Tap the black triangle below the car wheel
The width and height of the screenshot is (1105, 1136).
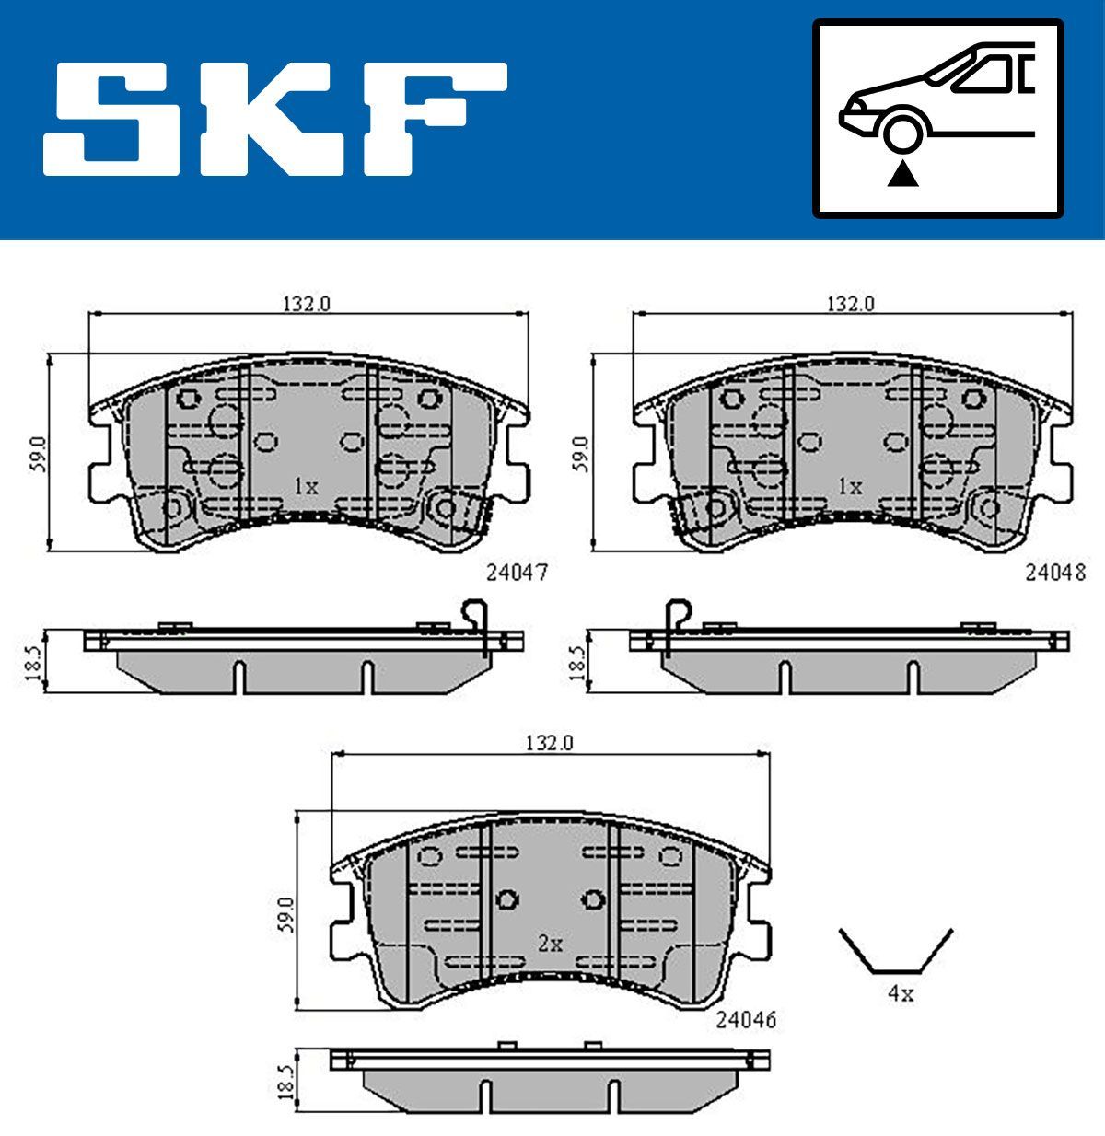coord(903,174)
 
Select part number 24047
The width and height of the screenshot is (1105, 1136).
coord(517,573)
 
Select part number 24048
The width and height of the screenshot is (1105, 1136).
coord(1055,573)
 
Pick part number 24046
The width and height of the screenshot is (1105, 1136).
coord(746,1020)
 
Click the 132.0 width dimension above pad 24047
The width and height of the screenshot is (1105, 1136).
coord(306,304)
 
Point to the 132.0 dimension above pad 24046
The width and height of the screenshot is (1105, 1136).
coord(550,743)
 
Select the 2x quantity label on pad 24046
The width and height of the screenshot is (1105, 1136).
coord(550,944)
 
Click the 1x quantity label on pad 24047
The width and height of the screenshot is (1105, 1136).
coord(306,486)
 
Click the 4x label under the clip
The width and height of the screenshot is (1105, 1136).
coord(900,993)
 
